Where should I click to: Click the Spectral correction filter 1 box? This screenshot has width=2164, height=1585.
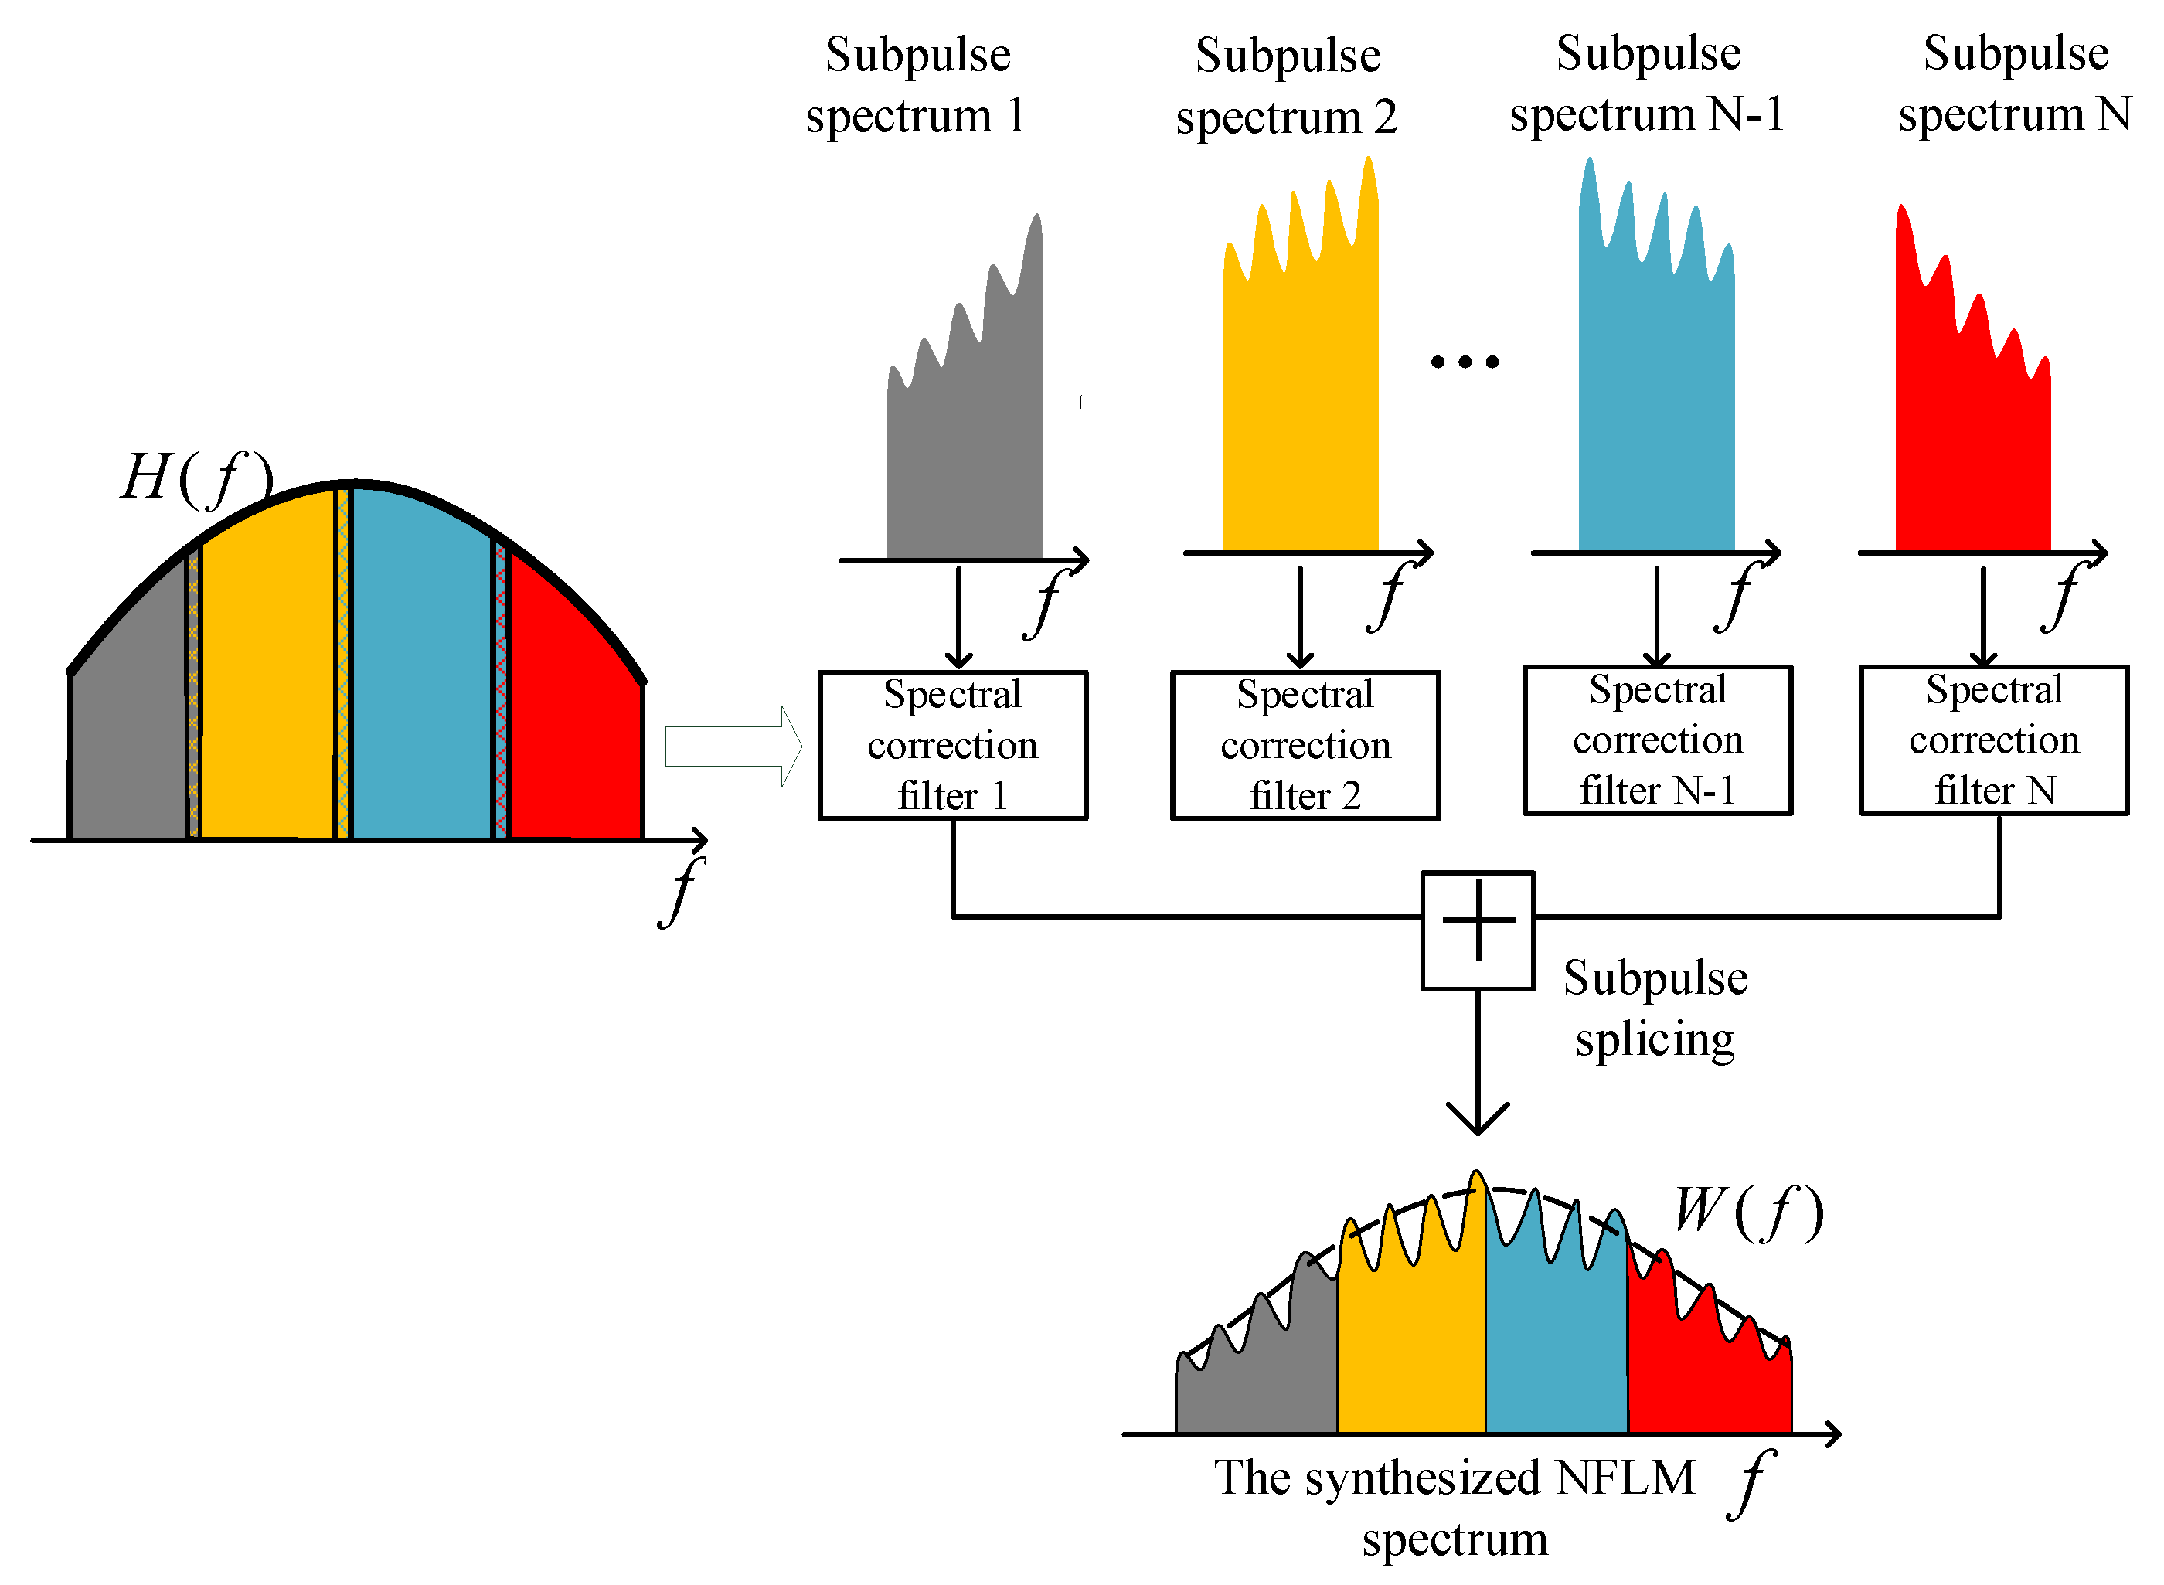pos(952,744)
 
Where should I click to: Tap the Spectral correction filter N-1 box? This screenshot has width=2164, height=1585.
pos(1657,740)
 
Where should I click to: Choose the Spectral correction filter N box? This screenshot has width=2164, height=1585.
pos(1993,740)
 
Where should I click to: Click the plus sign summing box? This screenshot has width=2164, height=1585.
pos(1477,930)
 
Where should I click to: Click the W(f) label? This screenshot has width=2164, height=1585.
pos(1747,1211)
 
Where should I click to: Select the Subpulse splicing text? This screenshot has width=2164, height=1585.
pos(1655,1008)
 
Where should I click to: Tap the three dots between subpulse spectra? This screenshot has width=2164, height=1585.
pos(1464,362)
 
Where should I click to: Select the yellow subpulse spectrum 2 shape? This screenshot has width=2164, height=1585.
pos(1300,403)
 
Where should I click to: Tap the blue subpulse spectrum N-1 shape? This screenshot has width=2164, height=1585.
pos(1655,403)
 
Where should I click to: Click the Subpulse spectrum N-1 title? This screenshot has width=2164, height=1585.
pos(1647,83)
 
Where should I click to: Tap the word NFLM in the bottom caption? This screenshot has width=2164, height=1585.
pos(1625,1478)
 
